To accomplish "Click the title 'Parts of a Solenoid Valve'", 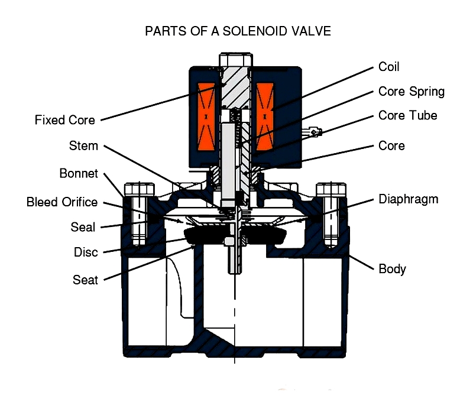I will [238, 31].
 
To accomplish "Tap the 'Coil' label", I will [389, 67].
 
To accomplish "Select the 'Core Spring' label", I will [411, 92].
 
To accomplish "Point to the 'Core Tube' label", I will [407, 115].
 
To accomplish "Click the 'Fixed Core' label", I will [64, 120].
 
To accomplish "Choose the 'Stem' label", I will [83, 145].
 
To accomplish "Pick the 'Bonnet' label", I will [79, 174].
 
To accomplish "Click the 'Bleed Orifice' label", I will [62, 202].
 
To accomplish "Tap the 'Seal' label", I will [83, 227].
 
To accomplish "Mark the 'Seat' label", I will [85, 279].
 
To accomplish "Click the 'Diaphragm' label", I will [409, 199].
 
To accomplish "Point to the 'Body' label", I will [392, 269].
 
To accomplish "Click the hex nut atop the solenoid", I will [235, 60].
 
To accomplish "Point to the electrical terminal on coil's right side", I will [316, 132].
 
